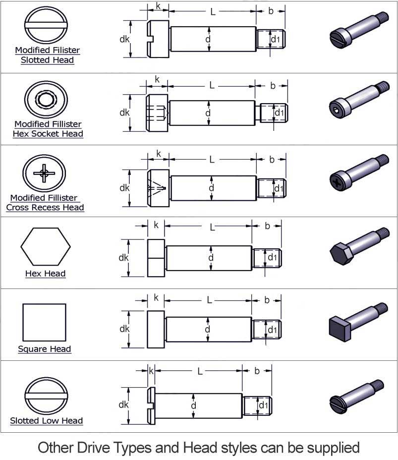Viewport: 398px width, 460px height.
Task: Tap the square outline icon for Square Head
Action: click(x=44, y=322)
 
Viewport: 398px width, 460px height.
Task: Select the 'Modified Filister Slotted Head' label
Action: click(x=47, y=55)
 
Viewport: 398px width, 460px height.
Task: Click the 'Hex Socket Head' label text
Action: click(x=48, y=134)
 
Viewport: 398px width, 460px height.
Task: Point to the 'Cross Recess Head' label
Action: click(x=45, y=208)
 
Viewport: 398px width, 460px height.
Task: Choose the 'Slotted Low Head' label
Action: click(x=47, y=421)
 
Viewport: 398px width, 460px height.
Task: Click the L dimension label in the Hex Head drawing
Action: click(x=212, y=228)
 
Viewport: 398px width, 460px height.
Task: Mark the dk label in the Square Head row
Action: click(x=124, y=329)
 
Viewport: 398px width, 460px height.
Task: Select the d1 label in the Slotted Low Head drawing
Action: click(x=263, y=405)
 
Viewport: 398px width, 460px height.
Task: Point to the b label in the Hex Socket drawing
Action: click(x=273, y=86)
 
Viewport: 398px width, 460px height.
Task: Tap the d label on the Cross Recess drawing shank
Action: click(x=211, y=188)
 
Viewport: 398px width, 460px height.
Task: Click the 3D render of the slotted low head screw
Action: click(x=357, y=397)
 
